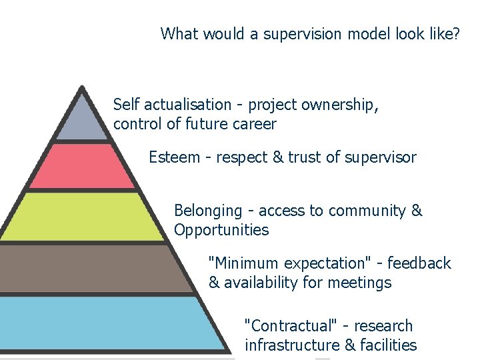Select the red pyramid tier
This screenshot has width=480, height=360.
82,167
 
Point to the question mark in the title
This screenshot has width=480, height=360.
455,33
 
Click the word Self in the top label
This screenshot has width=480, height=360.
126,105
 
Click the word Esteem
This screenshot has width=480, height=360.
173,157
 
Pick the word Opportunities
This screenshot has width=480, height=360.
221,231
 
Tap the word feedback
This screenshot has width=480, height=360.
420,263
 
